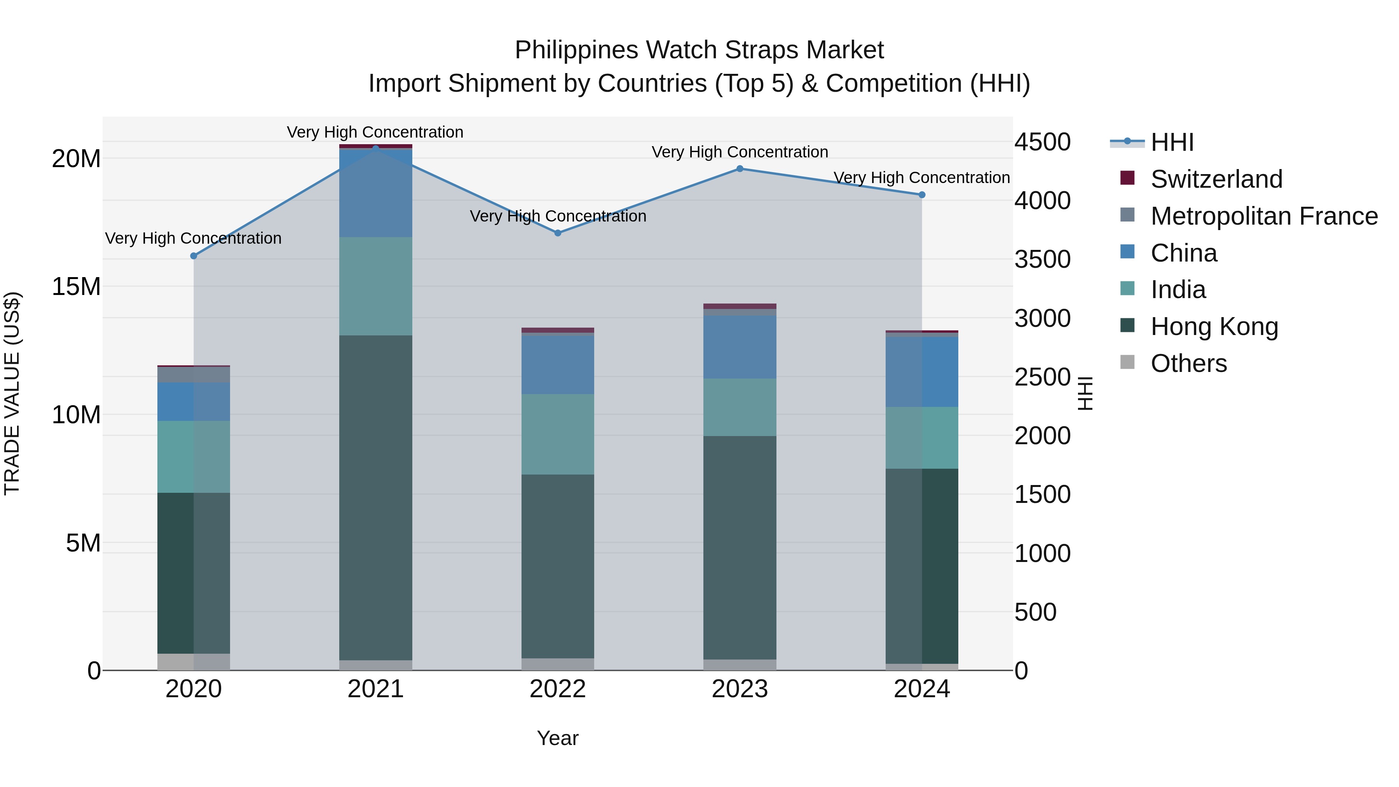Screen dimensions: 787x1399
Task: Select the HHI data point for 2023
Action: [740, 169]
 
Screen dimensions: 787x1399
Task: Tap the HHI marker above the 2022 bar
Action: [558, 233]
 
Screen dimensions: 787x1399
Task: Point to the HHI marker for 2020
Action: [194, 256]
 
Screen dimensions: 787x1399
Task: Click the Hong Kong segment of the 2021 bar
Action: [376, 497]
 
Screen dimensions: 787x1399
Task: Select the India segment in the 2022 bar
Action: [558, 434]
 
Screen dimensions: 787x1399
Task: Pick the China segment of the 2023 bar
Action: [740, 347]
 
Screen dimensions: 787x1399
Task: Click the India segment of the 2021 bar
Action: [376, 286]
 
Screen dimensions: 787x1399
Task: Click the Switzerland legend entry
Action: [1216, 179]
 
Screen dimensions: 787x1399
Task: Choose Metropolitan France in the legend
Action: [1264, 216]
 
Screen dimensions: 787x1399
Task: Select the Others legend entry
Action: [1188, 363]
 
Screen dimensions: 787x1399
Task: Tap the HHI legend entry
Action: [1172, 142]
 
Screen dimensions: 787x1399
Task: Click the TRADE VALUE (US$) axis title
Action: [12, 393]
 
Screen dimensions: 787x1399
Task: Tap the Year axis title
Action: [558, 739]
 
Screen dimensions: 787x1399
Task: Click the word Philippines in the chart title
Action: [576, 50]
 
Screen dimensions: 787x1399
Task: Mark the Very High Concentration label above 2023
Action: [740, 152]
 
